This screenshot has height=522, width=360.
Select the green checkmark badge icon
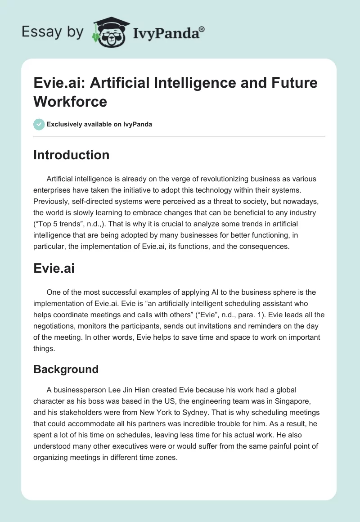click(x=39, y=124)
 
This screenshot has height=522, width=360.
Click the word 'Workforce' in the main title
click(x=70, y=101)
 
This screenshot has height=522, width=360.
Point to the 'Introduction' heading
click(x=72, y=155)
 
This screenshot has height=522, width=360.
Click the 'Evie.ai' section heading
click(x=54, y=269)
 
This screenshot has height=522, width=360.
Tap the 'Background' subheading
click(x=66, y=369)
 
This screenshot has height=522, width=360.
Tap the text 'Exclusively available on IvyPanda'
click(x=99, y=124)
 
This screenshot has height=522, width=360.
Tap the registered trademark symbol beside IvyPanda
click(x=202, y=28)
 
